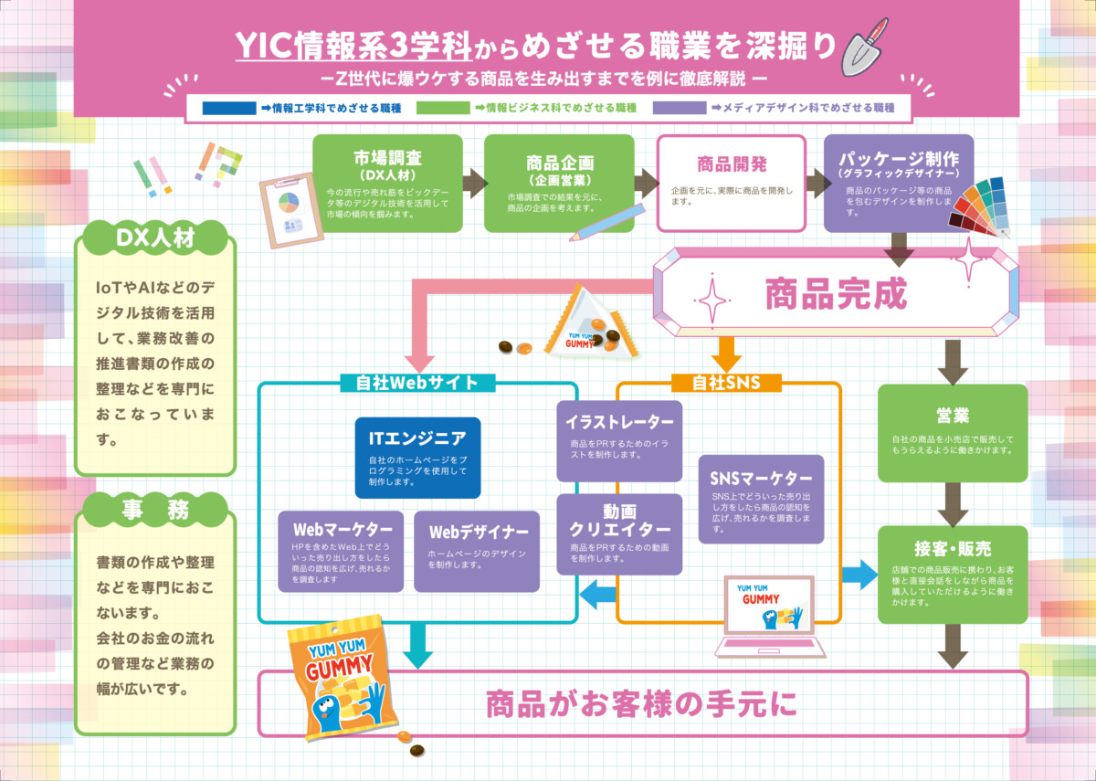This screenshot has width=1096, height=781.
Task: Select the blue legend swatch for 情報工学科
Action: point(228,108)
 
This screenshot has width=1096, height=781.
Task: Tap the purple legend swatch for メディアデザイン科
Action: point(680,108)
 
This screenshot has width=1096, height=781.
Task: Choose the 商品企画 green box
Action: point(559,183)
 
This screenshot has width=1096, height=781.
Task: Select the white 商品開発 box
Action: point(732,183)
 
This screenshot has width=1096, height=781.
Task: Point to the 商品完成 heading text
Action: point(834,294)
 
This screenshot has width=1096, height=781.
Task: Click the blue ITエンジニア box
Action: point(417,458)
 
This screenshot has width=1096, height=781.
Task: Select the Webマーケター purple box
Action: point(342,550)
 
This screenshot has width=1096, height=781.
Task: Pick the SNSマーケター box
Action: point(761,499)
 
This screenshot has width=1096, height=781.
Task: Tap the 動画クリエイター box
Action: point(620,534)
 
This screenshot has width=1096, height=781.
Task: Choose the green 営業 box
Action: point(953,433)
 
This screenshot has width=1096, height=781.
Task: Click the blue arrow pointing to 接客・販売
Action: point(859,574)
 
